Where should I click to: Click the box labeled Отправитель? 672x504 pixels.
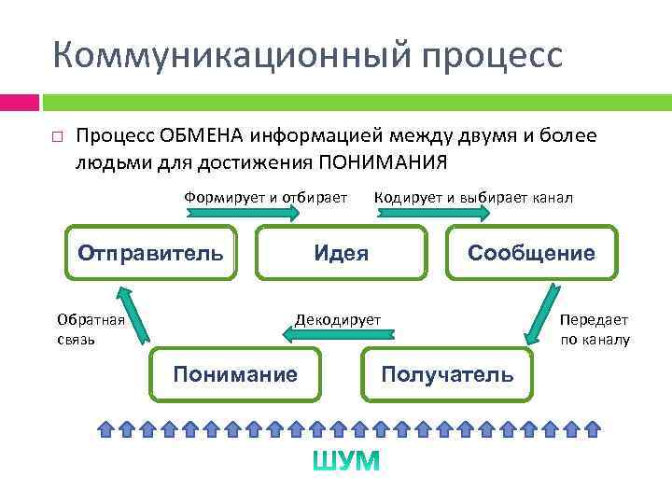[150, 253]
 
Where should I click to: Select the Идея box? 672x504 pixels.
[341, 253]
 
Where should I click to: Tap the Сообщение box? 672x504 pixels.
[531, 253]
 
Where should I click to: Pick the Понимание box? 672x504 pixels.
[235, 374]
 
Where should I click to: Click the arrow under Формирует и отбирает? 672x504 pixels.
[244, 213]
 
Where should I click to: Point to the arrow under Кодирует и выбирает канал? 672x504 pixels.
[432, 213]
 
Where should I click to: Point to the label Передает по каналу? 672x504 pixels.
[595, 329]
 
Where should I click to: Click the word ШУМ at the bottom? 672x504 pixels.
[345, 461]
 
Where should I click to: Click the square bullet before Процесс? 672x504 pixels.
[57, 137]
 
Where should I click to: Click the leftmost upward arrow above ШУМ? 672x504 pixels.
[106, 428]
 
